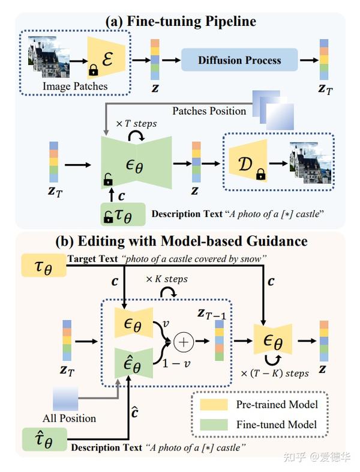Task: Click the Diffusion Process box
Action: tap(239, 60)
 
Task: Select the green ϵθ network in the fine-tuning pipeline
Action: tap(137, 160)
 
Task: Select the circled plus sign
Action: tap(182, 342)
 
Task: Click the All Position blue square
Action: tap(65, 399)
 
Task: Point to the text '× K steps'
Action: tap(166, 279)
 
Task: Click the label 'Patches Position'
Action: tap(209, 110)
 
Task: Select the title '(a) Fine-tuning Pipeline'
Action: tap(181, 22)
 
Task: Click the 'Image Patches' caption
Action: tap(75, 86)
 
